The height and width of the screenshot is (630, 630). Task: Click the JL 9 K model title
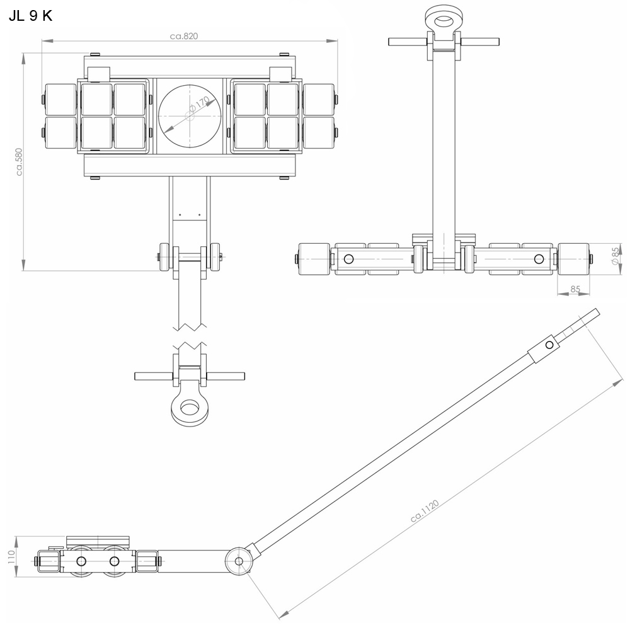point(30,16)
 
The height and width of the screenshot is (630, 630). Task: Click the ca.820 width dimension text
point(184,36)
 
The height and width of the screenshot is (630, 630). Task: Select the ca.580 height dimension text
point(19,162)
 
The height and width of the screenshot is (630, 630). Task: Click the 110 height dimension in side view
point(10,556)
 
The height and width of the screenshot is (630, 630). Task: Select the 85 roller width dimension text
point(575,290)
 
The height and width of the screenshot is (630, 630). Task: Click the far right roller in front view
point(574,259)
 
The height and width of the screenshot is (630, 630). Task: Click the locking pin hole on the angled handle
point(549,345)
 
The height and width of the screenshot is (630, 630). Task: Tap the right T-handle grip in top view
point(224,376)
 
